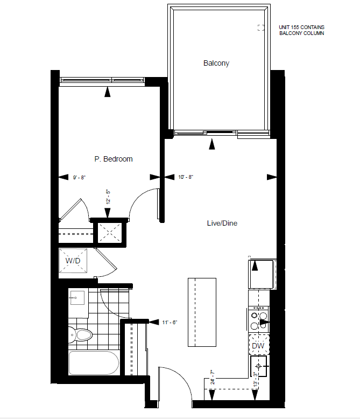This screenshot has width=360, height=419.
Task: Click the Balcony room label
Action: point(216,64)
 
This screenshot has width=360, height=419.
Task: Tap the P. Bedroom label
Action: point(114,159)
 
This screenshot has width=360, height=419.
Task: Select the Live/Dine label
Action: point(222,223)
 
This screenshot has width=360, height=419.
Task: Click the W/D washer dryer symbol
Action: point(73,261)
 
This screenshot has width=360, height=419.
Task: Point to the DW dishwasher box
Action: point(258,346)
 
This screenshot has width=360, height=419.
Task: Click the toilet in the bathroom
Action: point(80,334)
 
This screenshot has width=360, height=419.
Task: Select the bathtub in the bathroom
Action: point(94,363)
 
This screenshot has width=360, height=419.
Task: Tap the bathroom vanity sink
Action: point(77,298)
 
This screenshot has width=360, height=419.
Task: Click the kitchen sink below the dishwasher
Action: point(258,366)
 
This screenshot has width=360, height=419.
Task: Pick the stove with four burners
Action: point(258,320)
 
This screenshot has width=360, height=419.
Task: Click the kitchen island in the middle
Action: point(202,312)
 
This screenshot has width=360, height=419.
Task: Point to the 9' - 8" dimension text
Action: point(79,177)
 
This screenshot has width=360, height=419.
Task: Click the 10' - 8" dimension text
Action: point(186,177)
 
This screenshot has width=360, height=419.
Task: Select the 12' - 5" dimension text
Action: point(108,197)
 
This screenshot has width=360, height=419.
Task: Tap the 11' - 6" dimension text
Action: point(170,323)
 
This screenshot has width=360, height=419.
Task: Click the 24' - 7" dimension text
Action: point(213,377)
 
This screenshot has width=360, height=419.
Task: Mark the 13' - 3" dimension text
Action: point(256,380)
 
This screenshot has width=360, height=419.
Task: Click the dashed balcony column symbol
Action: point(261,27)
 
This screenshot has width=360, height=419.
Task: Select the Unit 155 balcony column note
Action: point(302,30)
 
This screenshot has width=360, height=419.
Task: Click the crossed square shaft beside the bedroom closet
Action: point(109,233)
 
